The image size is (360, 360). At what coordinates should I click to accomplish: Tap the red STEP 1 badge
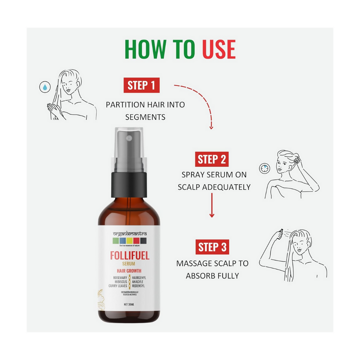[x=141, y=86]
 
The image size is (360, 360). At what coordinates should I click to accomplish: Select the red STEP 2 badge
[x=212, y=159]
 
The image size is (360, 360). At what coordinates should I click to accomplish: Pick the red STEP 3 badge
[x=212, y=247]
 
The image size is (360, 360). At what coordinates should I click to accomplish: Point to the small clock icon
[x=263, y=168]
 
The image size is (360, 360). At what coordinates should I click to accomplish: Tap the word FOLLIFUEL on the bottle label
[x=130, y=256]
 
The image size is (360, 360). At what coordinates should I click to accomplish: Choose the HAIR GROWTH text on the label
[x=129, y=271]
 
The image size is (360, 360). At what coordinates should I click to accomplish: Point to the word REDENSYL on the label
[x=139, y=286]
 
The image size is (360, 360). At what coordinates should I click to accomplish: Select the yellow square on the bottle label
[x=129, y=241]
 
